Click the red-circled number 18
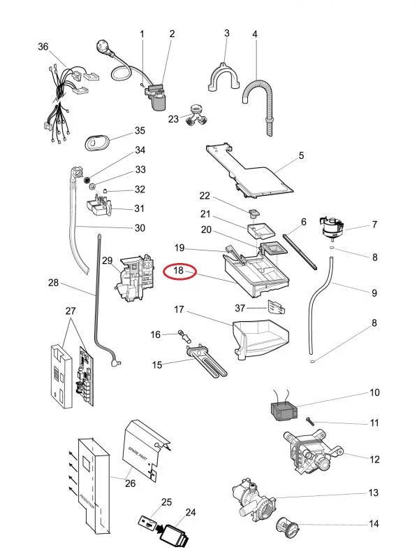179,271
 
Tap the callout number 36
43,47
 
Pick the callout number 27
69,311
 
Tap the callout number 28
53,284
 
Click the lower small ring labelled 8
314,362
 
